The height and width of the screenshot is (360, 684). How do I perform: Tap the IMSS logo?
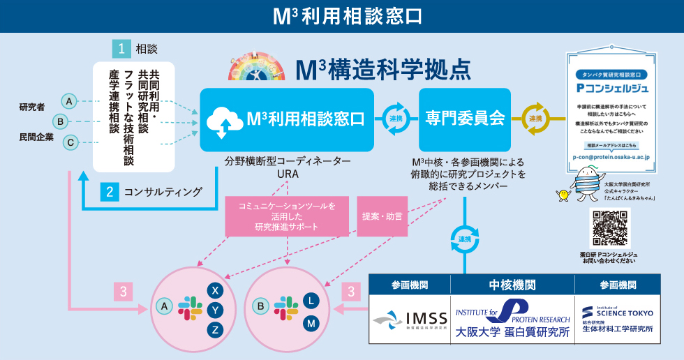pyautogui.click(x=410, y=320)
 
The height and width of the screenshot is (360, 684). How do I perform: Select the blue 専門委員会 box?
pyautogui.click(x=466, y=119)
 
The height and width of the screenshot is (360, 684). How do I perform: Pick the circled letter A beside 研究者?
pyautogui.click(x=69, y=101)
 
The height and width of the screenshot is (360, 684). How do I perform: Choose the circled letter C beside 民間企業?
pyautogui.click(x=69, y=143)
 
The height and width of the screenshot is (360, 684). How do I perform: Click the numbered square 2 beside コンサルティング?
pyautogui.click(x=109, y=191)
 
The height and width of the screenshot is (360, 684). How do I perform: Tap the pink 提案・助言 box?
pyautogui.click(x=382, y=216)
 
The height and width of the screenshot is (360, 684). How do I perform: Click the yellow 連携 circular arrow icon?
pyautogui.click(x=535, y=119)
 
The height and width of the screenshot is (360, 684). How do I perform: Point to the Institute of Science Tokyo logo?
pyautogui.click(x=618, y=320)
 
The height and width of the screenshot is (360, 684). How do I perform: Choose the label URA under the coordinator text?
pyautogui.click(x=287, y=174)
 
